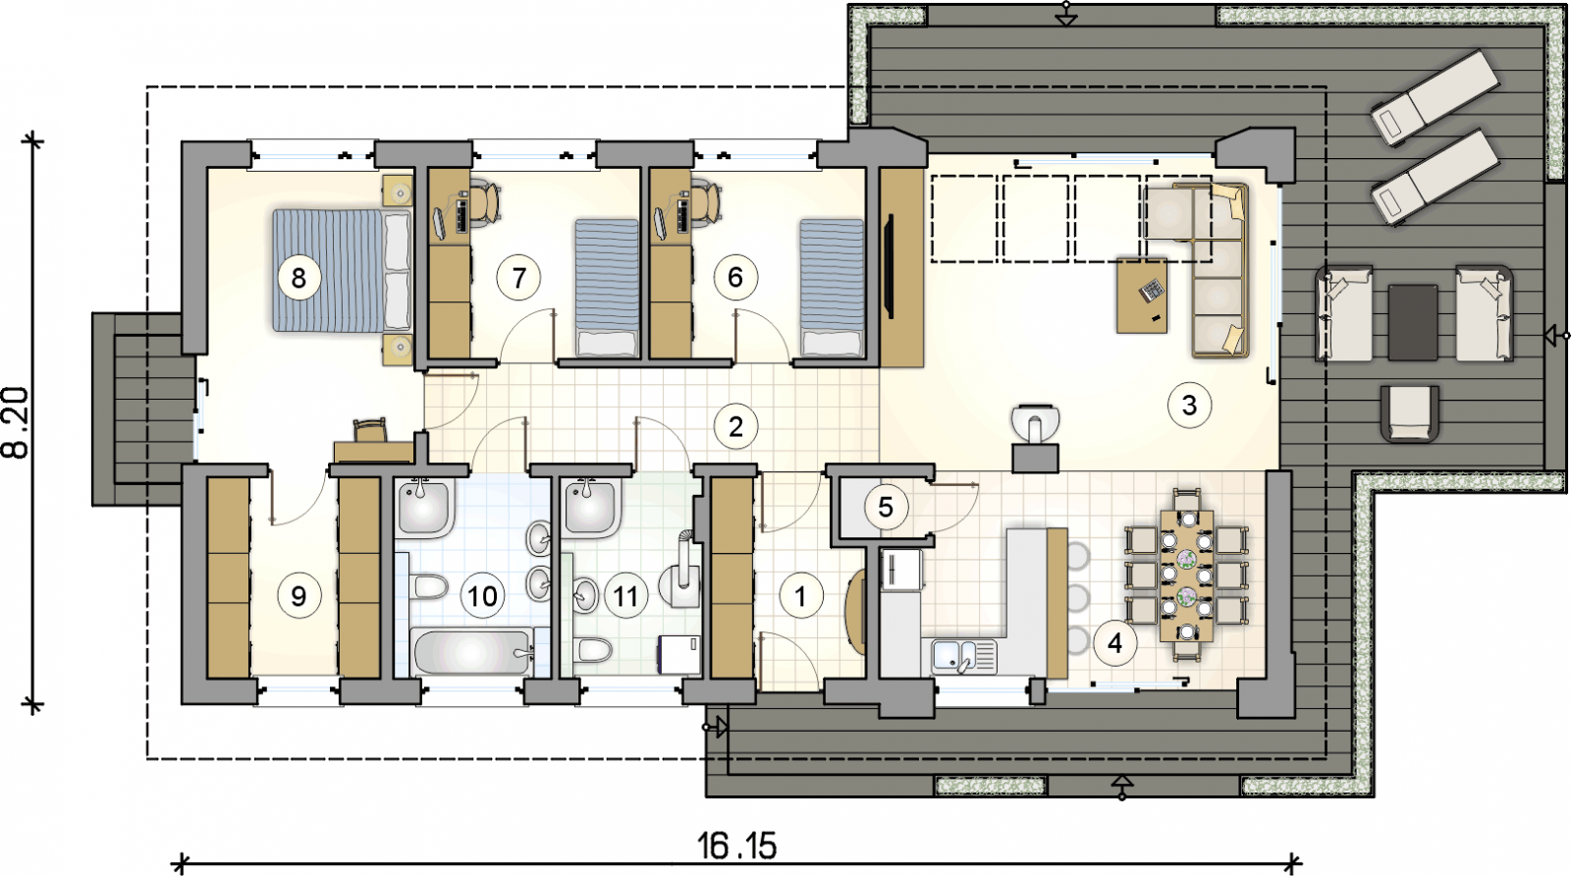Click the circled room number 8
pos(298,279)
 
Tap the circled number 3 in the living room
pos(1189,405)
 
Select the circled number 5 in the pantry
pos(885,507)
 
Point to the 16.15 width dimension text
pos(737,846)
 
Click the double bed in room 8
pos(342,270)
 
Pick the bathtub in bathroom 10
pos(472,653)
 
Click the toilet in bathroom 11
pos(594,649)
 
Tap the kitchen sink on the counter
pos(963,656)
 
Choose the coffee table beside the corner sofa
pos(1142,296)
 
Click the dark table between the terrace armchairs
pos(1413,322)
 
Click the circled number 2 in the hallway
pos(735,426)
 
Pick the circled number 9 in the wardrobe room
pos(298,596)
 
